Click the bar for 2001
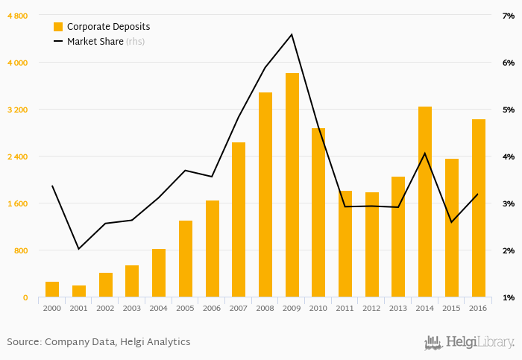click(x=79, y=291)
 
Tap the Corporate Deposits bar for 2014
click(x=425, y=202)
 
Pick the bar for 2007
click(x=239, y=220)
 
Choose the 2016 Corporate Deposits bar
click(x=478, y=208)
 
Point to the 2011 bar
click(x=345, y=244)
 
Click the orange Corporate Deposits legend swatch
click(x=58, y=27)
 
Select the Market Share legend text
click(x=95, y=42)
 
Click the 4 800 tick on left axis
click(x=17, y=16)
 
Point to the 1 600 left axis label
click(x=17, y=203)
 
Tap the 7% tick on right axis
click(x=508, y=16)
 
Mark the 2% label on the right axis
click(x=508, y=250)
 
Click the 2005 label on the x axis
click(x=185, y=308)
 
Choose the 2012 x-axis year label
click(x=371, y=308)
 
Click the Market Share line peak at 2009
click(x=292, y=34)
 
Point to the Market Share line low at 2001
click(x=79, y=248)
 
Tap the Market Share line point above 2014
click(x=425, y=154)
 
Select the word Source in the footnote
click(x=23, y=342)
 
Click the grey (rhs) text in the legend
click(x=135, y=42)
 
